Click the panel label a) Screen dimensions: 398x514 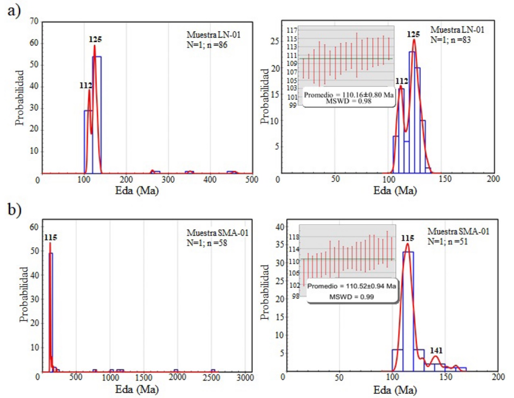(14, 11)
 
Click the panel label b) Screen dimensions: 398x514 (15, 210)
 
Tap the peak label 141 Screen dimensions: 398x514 (436, 350)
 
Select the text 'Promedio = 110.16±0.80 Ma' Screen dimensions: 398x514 (348, 95)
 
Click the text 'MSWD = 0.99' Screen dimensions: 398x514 (352, 297)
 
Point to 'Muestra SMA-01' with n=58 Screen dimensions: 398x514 (217, 233)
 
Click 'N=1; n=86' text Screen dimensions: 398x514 (207, 45)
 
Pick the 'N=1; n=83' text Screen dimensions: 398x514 (450, 40)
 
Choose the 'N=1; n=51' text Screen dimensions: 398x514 (447, 242)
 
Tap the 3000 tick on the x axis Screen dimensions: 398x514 (245, 377)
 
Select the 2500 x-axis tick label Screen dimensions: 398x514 (211, 377)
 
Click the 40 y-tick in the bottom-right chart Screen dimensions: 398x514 (279, 227)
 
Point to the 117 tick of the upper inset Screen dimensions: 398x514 (292, 30)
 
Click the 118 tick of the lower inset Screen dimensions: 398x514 (294, 237)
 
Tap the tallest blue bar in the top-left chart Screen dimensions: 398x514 (97, 115)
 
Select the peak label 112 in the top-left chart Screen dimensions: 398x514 (85, 85)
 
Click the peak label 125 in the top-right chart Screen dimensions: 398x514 (413, 35)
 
